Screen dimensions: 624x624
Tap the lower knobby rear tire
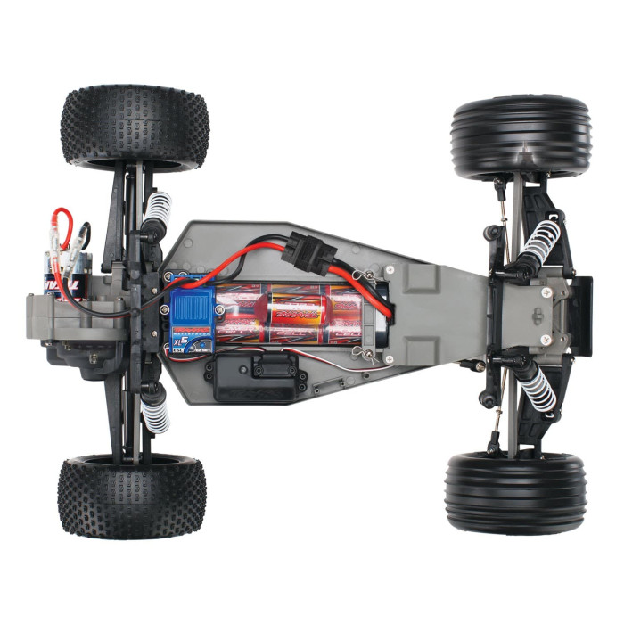point(132,497)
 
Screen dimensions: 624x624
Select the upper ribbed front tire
point(521,135)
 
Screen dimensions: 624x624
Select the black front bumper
point(582,303)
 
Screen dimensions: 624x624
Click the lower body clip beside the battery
point(361,355)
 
